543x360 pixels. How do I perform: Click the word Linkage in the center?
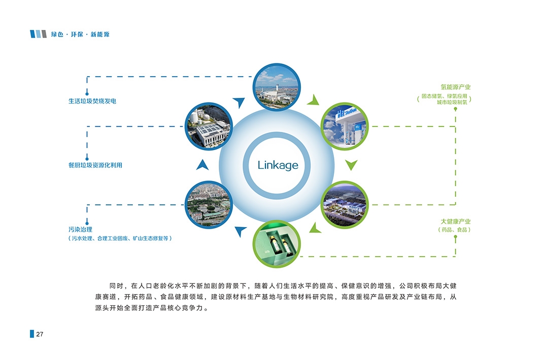pyautogui.click(x=278, y=165)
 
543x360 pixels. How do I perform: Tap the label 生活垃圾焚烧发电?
pyautogui.click(x=92, y=101)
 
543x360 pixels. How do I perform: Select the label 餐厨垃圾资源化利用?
pyautogui.click(x=95, y=165)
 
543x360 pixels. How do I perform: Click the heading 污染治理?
pyautogui.click(x=80, y=230)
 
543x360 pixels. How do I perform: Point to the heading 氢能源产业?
pyautogui.click(x=455, y=87)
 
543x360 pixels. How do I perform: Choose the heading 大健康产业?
pyautogui.click(x=455, y=222)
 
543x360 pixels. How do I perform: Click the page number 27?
pyautogui.click(x=40, y=334)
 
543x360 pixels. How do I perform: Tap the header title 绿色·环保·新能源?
pyautogui.click(x=80, y=34)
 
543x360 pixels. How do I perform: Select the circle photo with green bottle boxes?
pyautogui.click(x=277, y=244)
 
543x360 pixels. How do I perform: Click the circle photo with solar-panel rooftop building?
pyautogui.click(x=209, y=126)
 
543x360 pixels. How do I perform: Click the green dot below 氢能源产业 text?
pyautogui.click(x=455, y=109)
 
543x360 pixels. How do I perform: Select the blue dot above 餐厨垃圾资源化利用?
pyautogui.click(x=87, y=158)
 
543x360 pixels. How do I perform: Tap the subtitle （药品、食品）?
pyautogui.click(x=455, y=230)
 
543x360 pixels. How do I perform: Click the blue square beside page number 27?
pyautogui.click(x=32, y=334)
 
